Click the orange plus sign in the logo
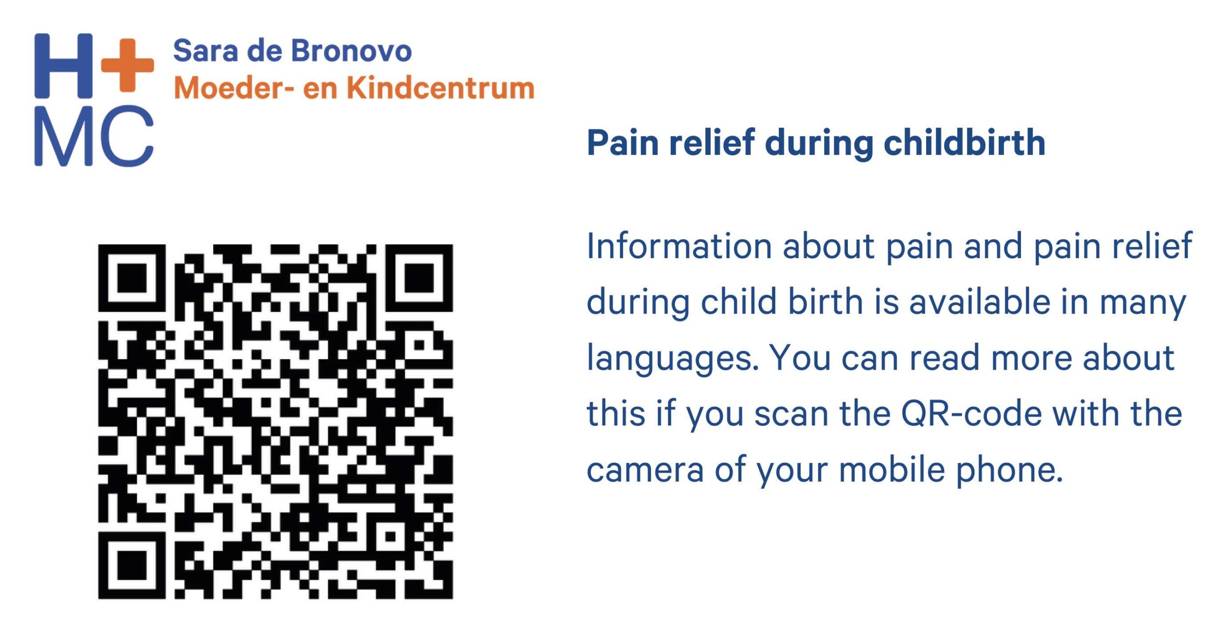(127, 65)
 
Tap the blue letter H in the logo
(63, 65)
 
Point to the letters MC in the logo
(94, 136)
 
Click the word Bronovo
(351, 50)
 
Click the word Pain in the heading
(623, 143)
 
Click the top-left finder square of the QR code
(132, 278)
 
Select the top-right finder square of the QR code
(419, 278)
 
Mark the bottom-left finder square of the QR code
(132, 565)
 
